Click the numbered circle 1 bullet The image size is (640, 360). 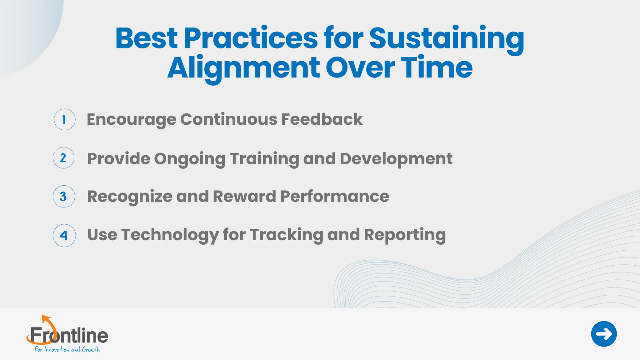click(64, 119)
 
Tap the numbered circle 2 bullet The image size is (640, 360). click(63, 158)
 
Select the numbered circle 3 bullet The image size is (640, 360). click(64, 197)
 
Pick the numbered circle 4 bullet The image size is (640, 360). click(64, 236)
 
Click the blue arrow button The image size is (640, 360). click(604, 334)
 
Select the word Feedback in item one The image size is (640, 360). click(322, 119)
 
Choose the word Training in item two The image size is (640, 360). click(264, 159)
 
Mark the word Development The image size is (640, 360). click(396, 159)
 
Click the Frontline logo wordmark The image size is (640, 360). click(69, 336)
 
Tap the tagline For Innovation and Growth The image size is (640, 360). click(67, 349)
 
